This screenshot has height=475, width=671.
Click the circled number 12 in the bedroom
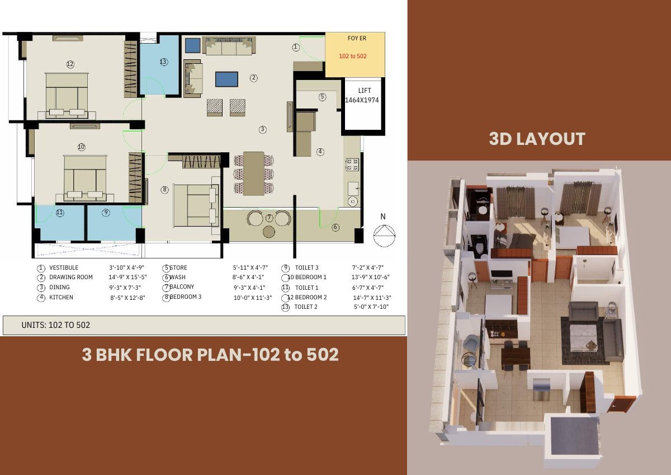coord(70,64)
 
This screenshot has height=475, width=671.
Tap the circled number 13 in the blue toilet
coord(163,62)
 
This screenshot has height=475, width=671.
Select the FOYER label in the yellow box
coord(357,39)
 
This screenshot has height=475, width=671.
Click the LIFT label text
coord(365,91)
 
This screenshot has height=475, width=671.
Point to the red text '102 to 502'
coord(353,56)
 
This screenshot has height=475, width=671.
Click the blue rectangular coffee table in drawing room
coord(227,79)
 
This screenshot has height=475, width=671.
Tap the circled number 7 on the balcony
coord(270,218)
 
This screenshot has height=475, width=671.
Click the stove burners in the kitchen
coord(352,164)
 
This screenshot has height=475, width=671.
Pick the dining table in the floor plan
coord(254,174)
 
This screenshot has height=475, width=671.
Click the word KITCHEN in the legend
coord(61,297)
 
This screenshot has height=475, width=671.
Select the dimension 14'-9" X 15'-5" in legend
coord(127,277)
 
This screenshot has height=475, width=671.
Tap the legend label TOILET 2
coord(306,307)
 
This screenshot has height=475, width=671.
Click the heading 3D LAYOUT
coord(537,139)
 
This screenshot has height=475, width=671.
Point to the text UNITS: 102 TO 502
coord(56,325)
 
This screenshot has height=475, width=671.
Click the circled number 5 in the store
coord(322,97)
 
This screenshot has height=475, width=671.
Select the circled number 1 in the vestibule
coord(296,47)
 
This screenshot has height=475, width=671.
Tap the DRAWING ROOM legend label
coord(71,277)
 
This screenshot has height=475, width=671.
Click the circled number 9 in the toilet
coord(106,213)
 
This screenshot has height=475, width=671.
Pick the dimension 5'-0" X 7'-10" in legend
coord(371,307)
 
